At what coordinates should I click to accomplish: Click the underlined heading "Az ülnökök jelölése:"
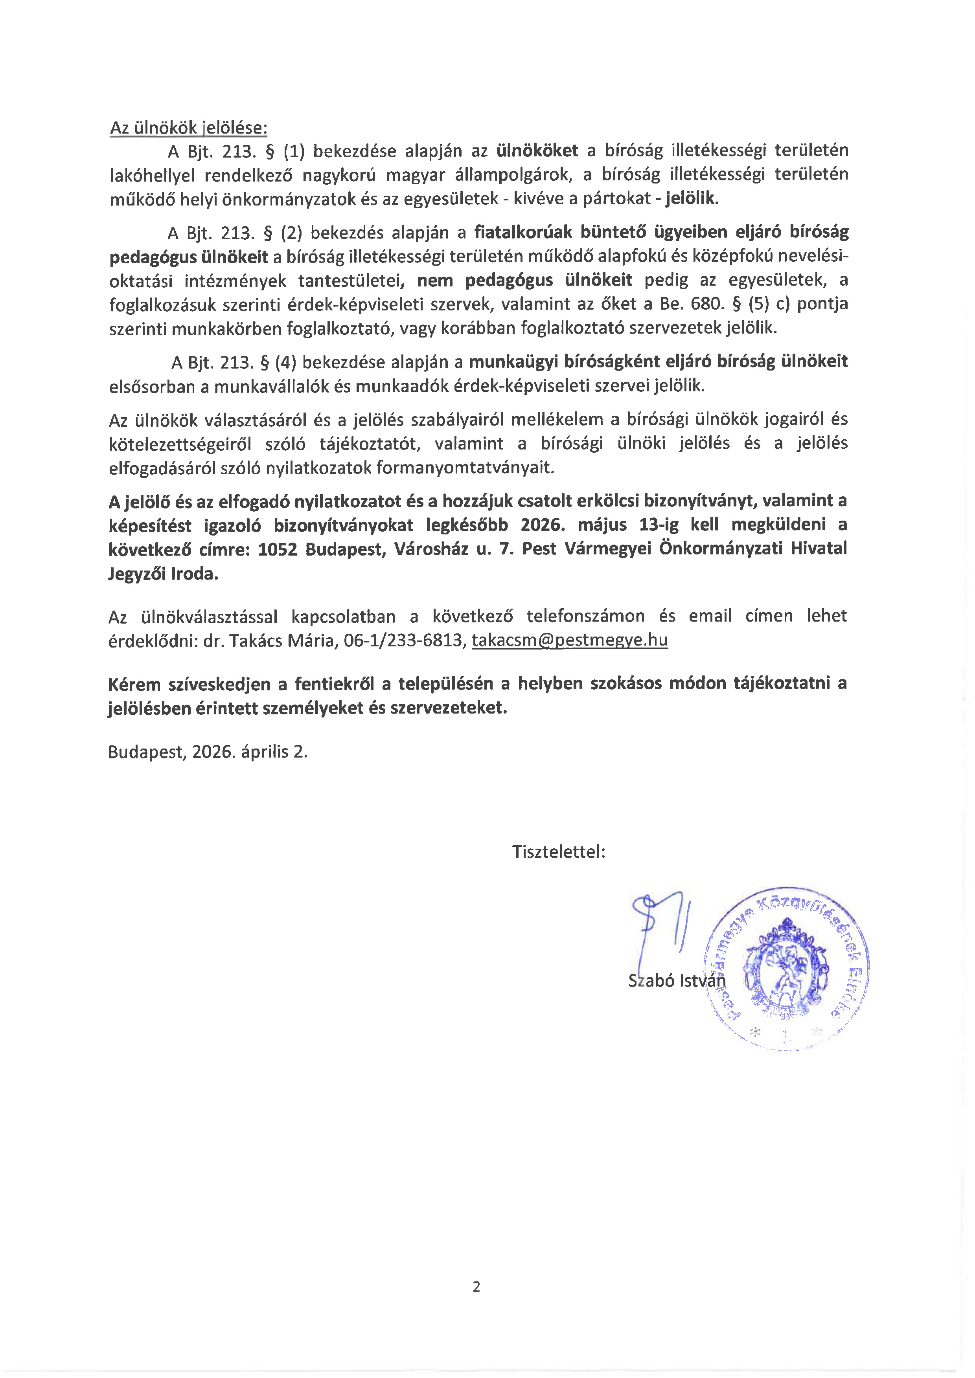coord(189,128)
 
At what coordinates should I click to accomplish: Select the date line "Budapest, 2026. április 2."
coord(208,752)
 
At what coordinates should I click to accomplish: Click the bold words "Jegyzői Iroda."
coord(163,574)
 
